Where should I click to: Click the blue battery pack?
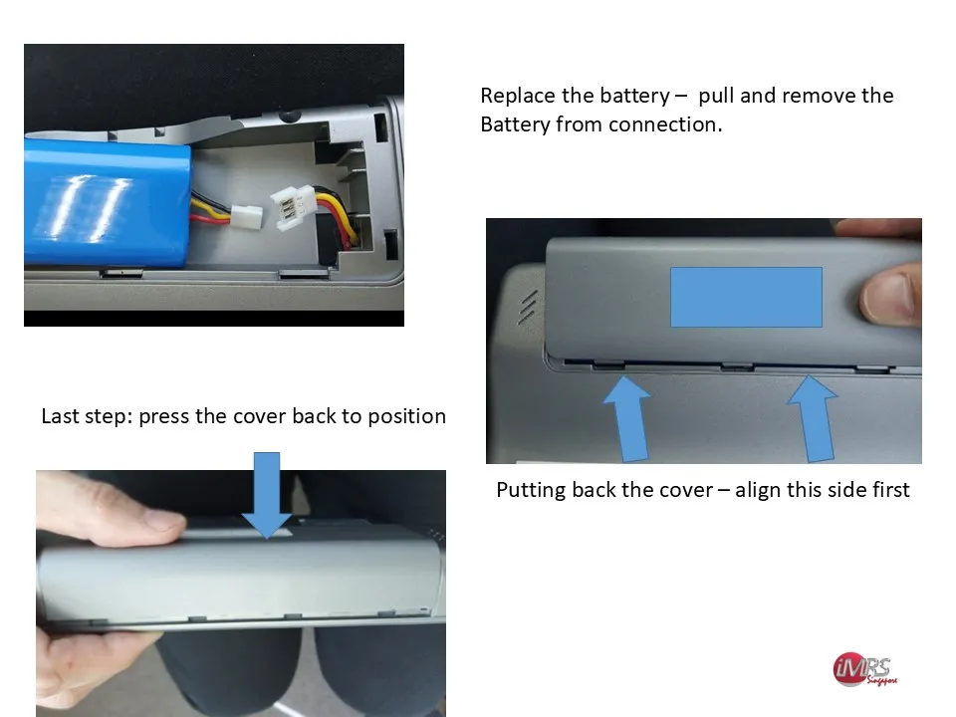coord(107,202)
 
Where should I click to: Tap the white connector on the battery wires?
coord(246,216)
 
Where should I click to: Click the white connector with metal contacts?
coord(293,207)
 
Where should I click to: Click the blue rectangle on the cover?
coord(746,297)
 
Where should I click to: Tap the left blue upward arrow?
coord(627,418)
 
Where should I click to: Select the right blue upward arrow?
coord(814,418)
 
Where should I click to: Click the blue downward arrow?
coord(267,495)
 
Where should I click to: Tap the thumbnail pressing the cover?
coord(887,297)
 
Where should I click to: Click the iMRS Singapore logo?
coord(864,669)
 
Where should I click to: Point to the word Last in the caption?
coord(61,416)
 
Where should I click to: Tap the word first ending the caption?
coord(890,490)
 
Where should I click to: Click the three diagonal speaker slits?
coord(528,307)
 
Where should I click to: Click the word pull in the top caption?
coord(715,97)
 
